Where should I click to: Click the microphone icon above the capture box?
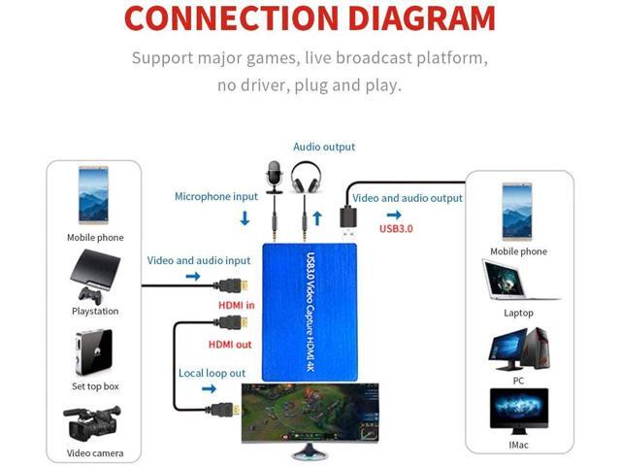[x=273, y=178]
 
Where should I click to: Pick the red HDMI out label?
[x=230, y=344]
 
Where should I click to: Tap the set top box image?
[x=94, y=352]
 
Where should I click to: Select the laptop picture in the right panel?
[x=517, y=282]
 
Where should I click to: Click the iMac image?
[x=518, y=410]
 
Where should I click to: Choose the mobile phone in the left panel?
[x=95, y=197]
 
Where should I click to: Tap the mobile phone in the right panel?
[x=517, y=211]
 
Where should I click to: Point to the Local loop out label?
[x=212, y=373]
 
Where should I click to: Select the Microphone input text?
[x=216, y=196]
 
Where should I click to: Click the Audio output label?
[x=324, y=147]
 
